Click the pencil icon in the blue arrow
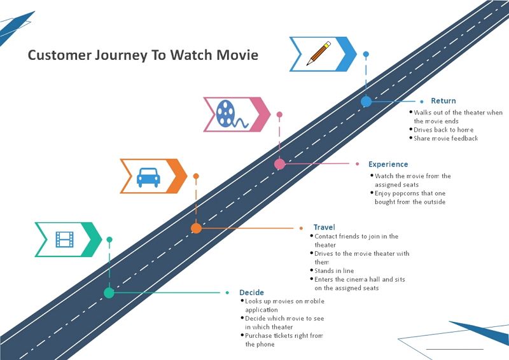(319, 53)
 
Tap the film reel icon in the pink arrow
(232, 114)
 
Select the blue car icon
(148, 177)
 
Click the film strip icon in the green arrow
(65, 240)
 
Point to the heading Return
(443, 101)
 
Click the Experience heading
(388, 164)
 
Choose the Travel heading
(324, 227)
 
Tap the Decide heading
(251, 293)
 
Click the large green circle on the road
(109, 293)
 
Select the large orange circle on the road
(196, 228)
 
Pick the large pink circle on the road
(279, 164)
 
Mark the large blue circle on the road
(366, 102)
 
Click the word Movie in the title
(237, 55)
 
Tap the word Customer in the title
(59, 55)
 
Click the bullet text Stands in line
(334, 271)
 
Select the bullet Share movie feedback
(446, 138)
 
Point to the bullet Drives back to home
(443, 130)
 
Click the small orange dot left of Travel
(301, 228)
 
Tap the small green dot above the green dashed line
(109, 240)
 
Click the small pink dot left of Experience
(358, 164)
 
